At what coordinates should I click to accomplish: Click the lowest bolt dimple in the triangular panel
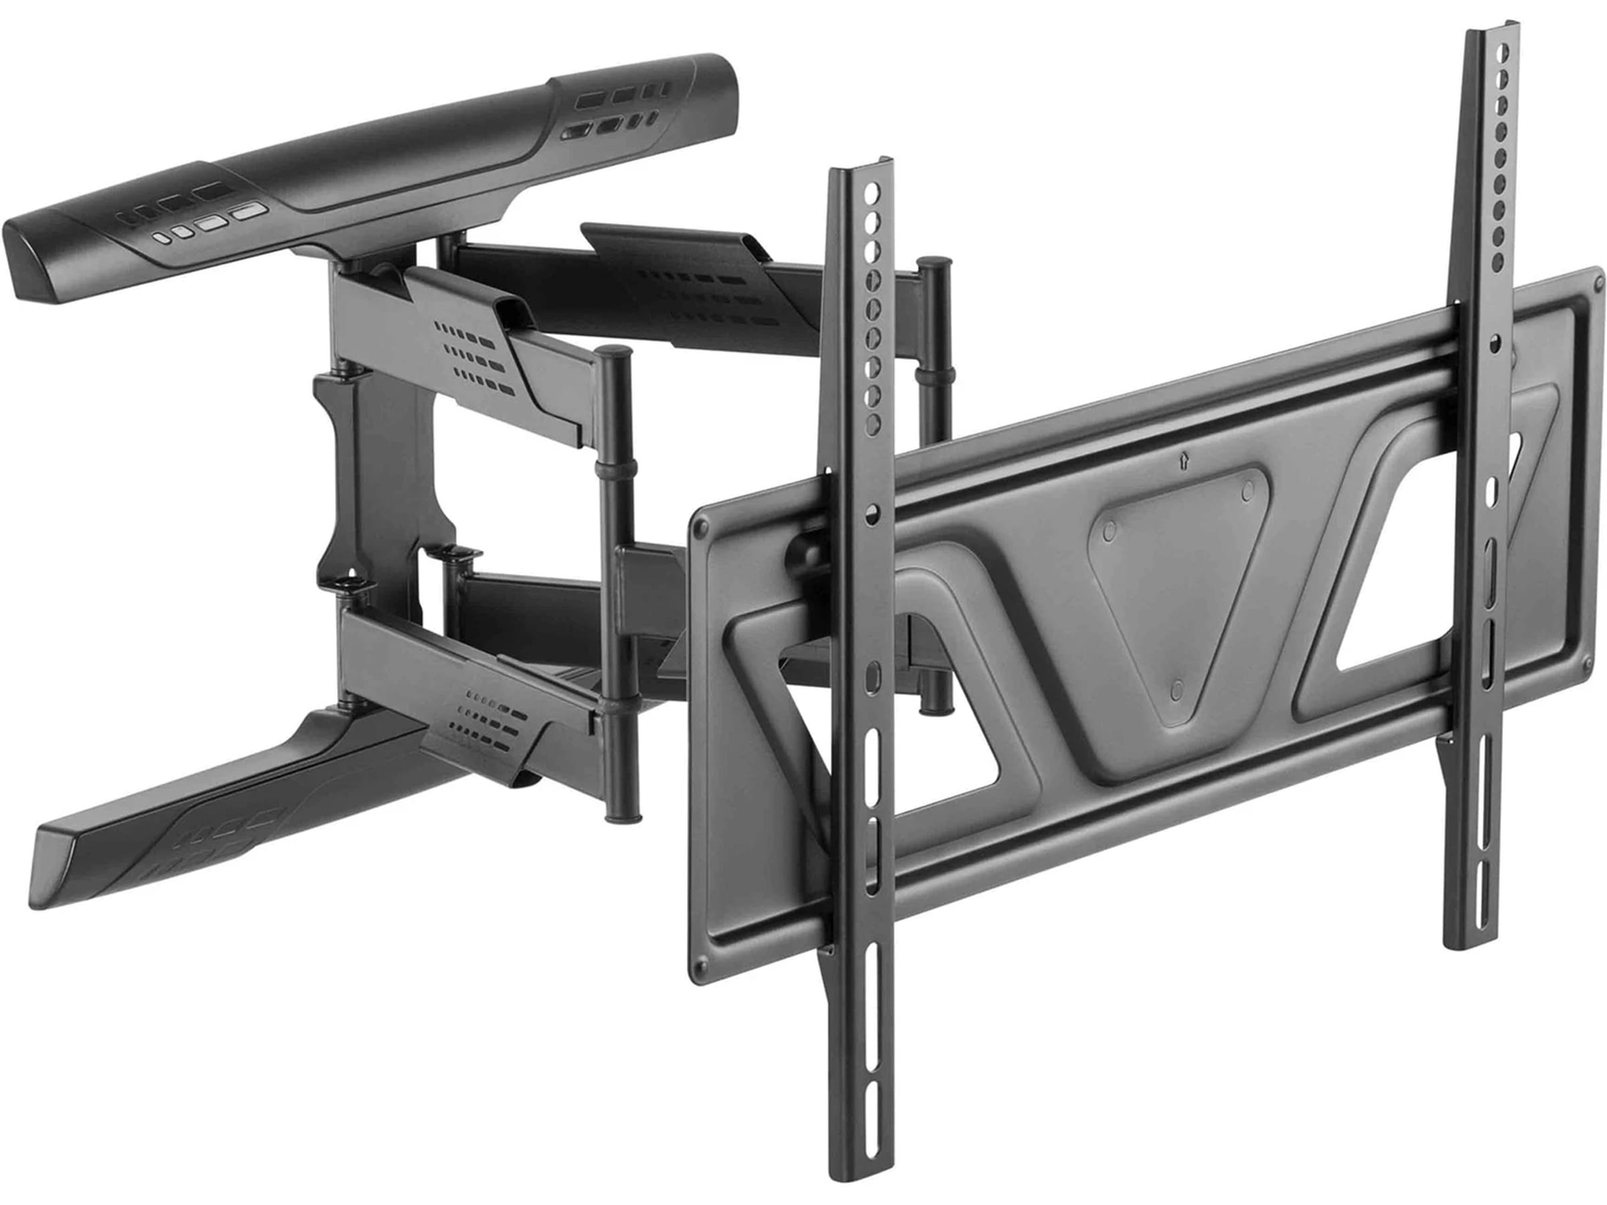(1178, 687)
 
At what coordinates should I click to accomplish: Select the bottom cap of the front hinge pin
(621, 819)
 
